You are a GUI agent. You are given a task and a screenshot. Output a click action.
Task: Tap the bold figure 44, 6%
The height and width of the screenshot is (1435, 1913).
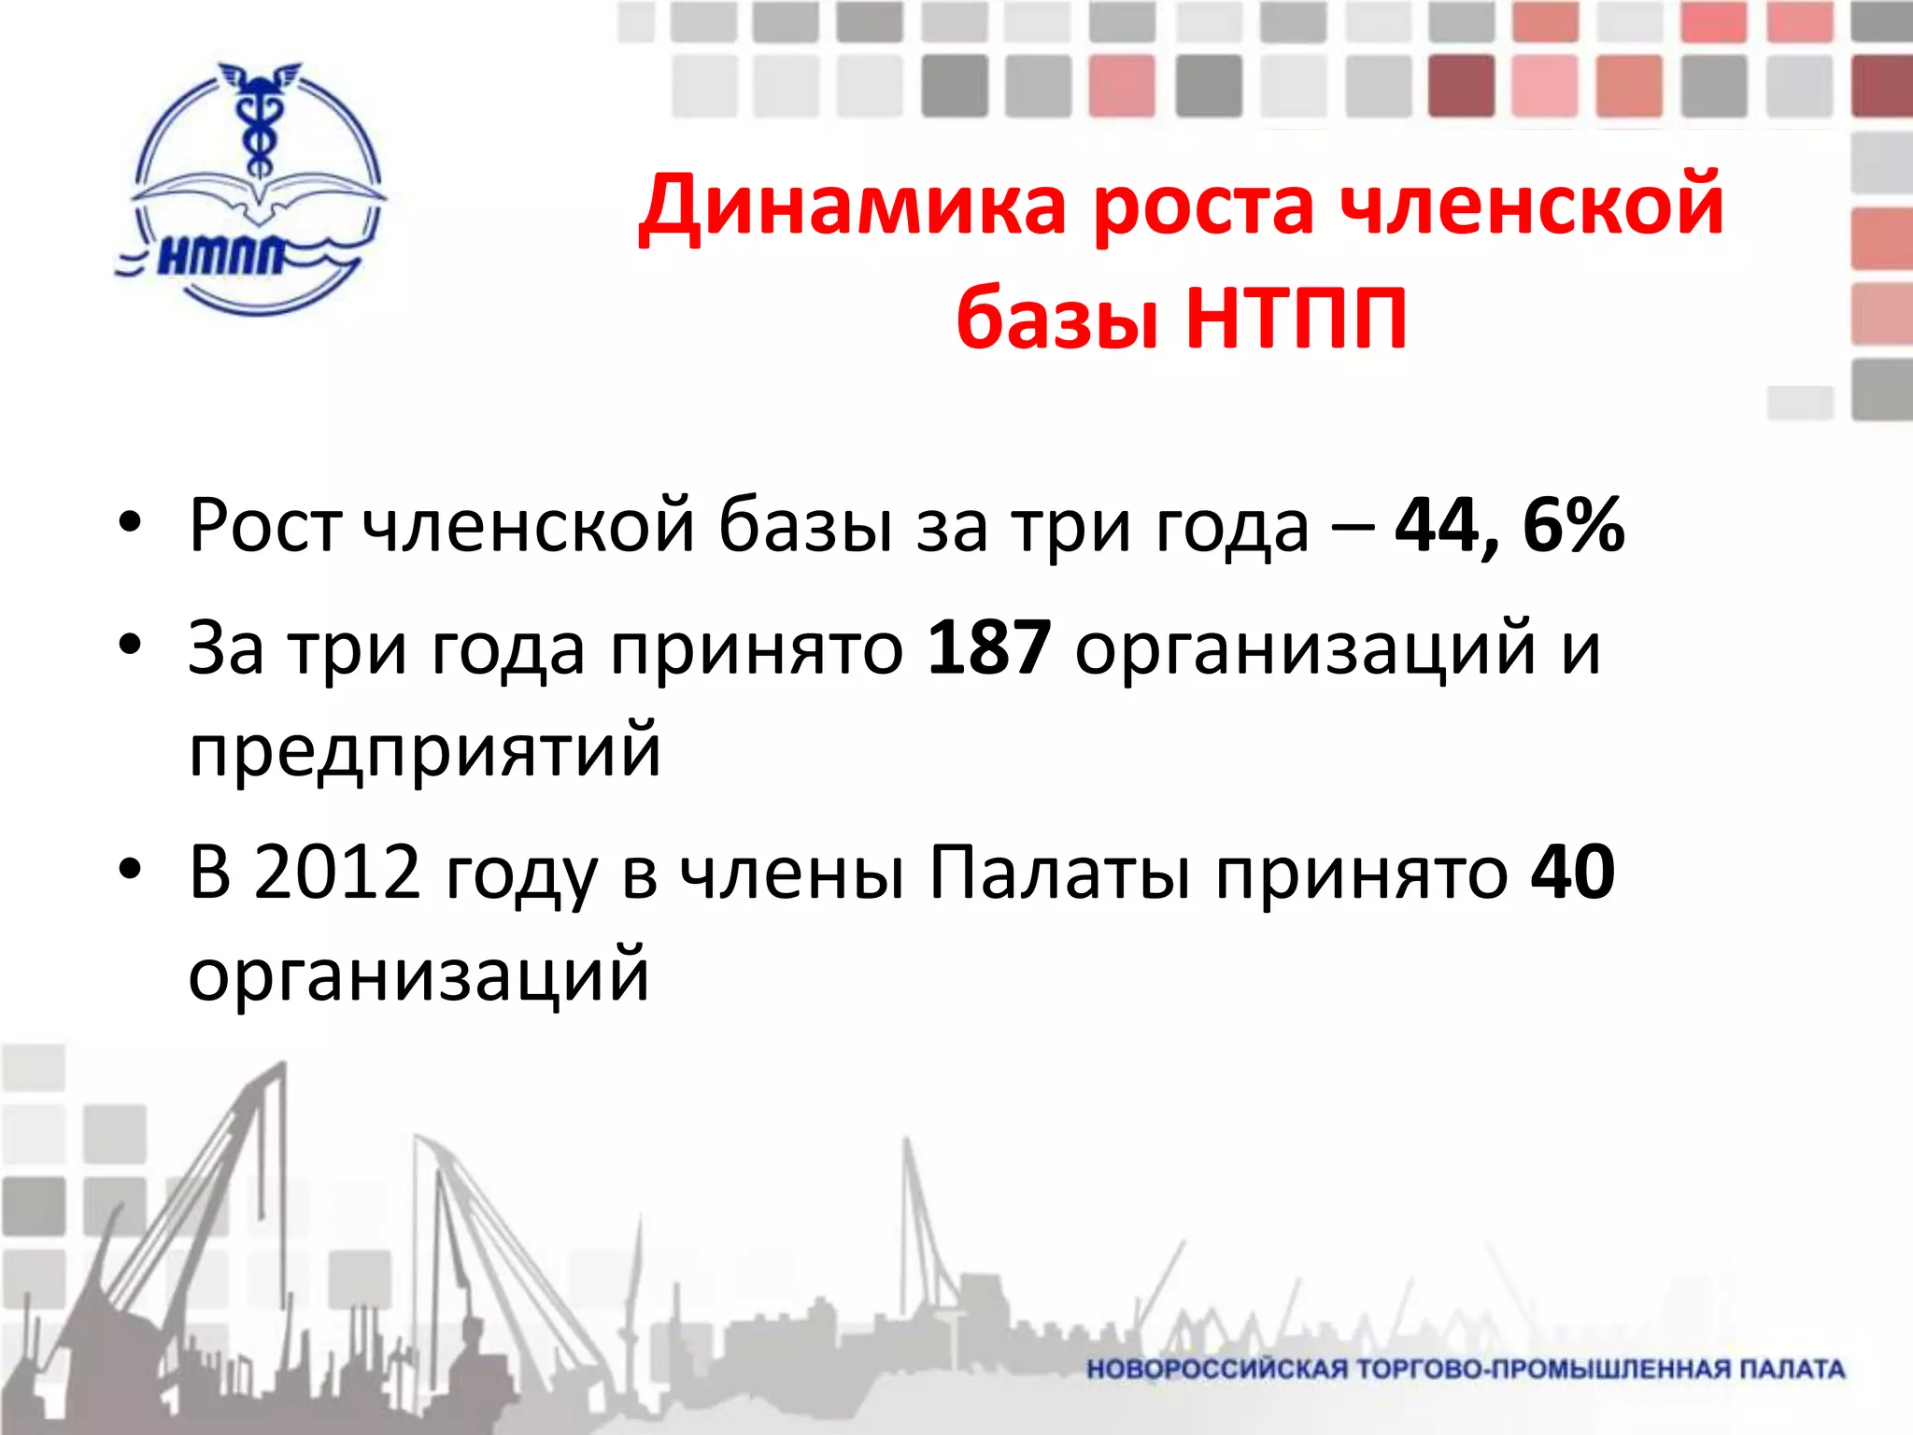(x=1509, y=526)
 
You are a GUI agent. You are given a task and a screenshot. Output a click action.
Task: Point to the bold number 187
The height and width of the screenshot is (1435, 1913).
(x=989, y=648)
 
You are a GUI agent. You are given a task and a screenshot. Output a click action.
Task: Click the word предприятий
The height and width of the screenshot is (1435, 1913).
(x=425, y=750)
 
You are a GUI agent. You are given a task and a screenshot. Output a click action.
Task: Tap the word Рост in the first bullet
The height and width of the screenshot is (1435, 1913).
(x=264, y=526)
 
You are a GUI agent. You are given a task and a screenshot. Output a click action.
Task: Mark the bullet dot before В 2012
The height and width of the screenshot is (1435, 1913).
(x=130, y=868)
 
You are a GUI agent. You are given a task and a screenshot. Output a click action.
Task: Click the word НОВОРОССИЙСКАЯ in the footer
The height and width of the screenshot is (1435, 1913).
(x=1217, y=1370)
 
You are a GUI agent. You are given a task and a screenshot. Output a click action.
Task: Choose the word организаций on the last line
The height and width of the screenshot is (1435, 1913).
(x=418, y=974)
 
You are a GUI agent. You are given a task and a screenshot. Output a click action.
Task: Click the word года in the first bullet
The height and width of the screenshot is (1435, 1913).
(x=1233, y=526)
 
